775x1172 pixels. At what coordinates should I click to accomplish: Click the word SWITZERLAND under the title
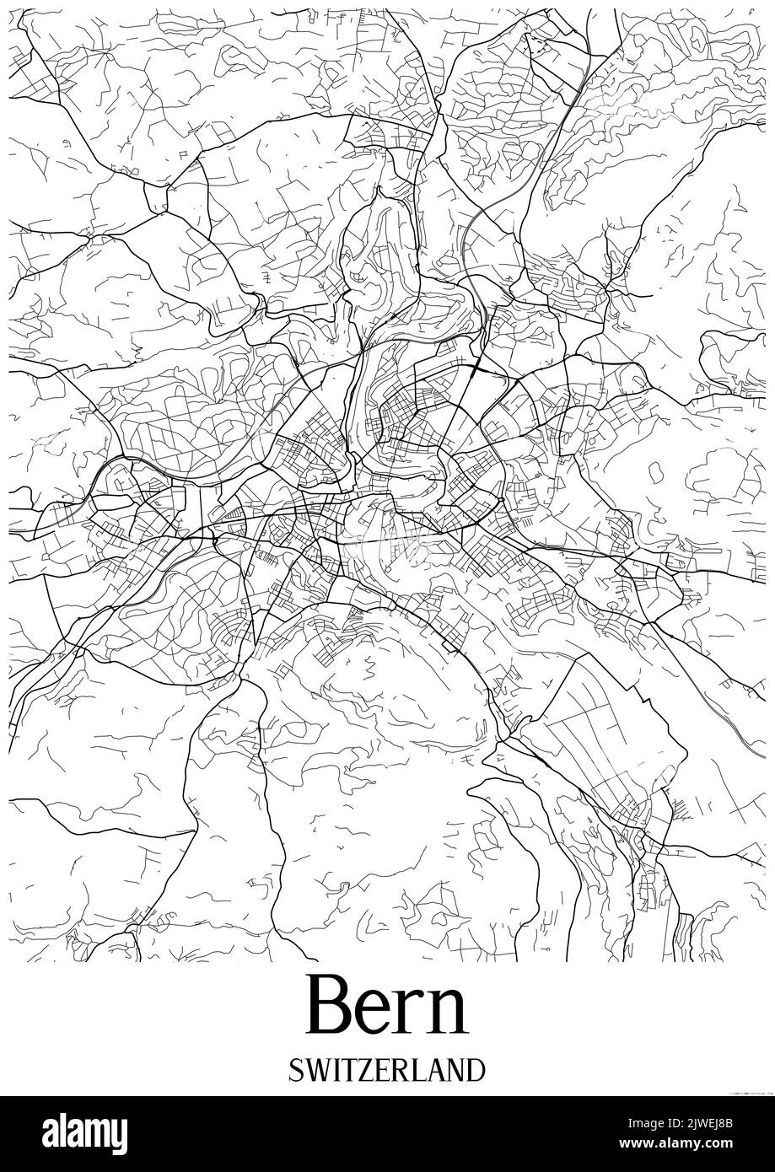coord(387,1070)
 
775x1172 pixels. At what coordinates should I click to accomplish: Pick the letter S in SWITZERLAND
coord(296,1070)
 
